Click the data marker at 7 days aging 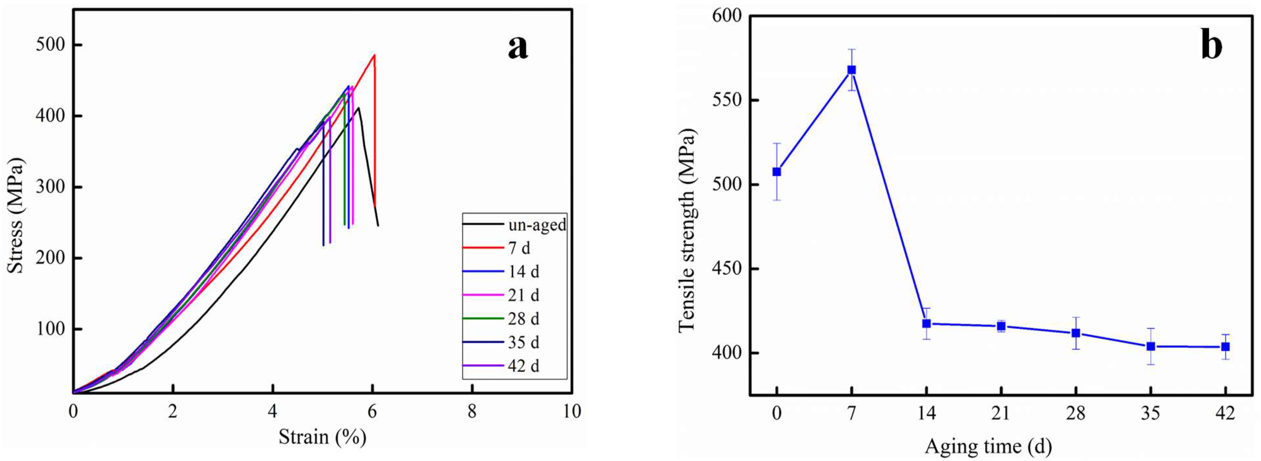click(x=851, y=70)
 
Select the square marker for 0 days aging click(x=776, y=172)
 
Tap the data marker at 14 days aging click(x=926, y=324)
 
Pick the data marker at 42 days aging click(x=1225, y=347)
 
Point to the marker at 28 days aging click(x=1076, y=333)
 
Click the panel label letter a click(x=518, y=48)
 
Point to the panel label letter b click(x=1211, y=45)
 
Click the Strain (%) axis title click(x=322, y=436)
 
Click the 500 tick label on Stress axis click(x=50, y=45)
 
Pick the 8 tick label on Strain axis click(x=472, y=412)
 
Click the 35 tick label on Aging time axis click(x=1150, y=413)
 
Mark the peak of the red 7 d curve click(x=374, y=55)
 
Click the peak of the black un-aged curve click(x=359, y=108)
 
